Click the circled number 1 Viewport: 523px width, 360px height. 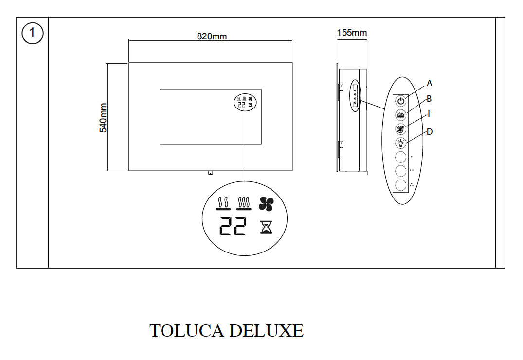pos(33,34)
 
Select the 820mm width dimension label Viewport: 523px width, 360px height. pos(212,36)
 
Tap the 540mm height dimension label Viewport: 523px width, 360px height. pos(103,117)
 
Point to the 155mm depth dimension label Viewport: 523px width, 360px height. pos(352,33)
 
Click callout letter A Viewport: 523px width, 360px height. pos(429,83)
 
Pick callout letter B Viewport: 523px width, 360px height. pos(429,99)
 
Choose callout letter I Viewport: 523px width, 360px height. pos(429,114)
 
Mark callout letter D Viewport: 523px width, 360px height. pos(429,131)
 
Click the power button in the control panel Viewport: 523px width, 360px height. pos(400,101)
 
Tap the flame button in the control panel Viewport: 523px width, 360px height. pos(400,115)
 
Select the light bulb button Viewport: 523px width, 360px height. pos(400,144)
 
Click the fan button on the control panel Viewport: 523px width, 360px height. pos(400,129)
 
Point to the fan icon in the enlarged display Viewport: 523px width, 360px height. pos(266,204)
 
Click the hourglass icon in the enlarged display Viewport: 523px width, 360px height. pos(266,226)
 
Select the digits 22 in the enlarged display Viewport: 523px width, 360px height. pos(233,226)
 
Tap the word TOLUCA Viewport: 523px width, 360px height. pos(186,331)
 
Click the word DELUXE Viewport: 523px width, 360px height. pos(266,331)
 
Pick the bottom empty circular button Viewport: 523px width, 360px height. pos(400,186)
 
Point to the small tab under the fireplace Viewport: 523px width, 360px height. pos(210,172)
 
